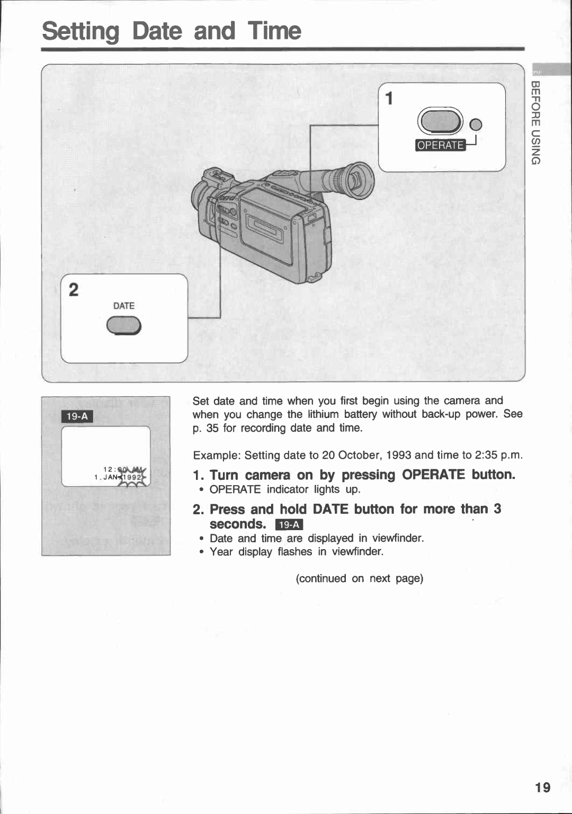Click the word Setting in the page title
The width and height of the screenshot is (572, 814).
[81, 31]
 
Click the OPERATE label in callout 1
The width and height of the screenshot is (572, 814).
[440, 145]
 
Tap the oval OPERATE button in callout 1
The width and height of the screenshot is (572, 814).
[440, 121]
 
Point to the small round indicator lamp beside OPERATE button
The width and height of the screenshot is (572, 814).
[476, 124]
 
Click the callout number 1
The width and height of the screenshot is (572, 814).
[389, 99]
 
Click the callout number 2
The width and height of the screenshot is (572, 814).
[74, 289]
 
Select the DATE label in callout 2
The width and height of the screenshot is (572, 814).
[123, 306]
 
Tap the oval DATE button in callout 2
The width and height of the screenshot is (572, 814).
[124, 326]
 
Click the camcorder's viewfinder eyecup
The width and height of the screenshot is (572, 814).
[359, 180]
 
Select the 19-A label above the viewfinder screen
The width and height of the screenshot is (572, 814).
[77, 416]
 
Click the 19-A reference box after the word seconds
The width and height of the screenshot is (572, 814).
[289, 525]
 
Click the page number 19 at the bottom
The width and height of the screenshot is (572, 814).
[542, 787]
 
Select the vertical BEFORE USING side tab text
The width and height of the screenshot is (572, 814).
[535, 122]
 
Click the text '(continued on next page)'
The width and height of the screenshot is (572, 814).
[360, 578]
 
